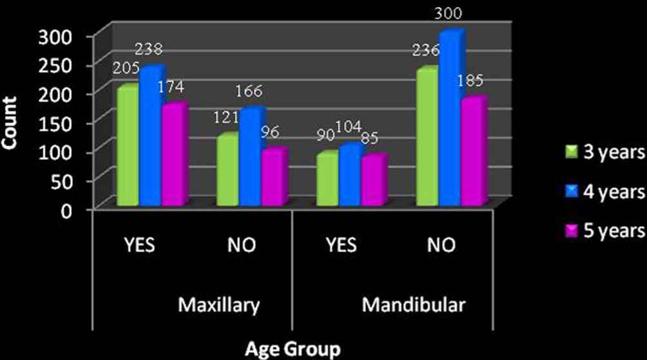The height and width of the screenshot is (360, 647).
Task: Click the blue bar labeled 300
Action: click(450, 119)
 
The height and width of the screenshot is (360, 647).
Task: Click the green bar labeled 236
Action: click(427, 138)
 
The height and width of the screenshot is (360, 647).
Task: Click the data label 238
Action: click(149, 49)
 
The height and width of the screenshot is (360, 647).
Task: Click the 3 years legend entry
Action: click(602, 153)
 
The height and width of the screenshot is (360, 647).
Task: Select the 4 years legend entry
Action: click(602, 191)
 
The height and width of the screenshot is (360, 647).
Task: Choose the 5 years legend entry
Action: click(602, 231)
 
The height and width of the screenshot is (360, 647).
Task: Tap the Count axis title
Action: click(9, 120)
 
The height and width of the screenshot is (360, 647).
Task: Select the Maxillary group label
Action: click(219, 305)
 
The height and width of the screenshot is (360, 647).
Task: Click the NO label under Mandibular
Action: click(439, 245)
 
